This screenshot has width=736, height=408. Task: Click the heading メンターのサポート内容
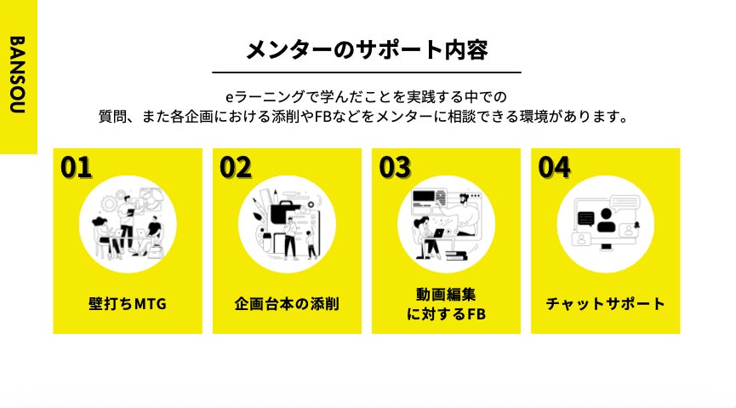367,49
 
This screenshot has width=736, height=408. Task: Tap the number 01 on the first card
76,168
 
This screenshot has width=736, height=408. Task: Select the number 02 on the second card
236,168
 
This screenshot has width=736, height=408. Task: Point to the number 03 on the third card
395,168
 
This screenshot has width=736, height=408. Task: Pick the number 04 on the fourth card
555,168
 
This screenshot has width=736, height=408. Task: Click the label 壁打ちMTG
128,303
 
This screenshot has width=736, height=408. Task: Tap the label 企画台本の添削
287,303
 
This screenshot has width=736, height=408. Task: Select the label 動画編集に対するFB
446,304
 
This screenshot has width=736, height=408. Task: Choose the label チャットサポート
605,303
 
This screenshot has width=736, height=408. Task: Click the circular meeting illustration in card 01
128,224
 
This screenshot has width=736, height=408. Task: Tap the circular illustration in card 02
287,224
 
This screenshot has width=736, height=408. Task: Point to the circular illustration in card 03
446,224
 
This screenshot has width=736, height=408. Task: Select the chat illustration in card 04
605,224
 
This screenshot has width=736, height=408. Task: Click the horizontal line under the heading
367,72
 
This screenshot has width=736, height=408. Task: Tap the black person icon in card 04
606,220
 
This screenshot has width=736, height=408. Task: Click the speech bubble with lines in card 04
625,203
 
